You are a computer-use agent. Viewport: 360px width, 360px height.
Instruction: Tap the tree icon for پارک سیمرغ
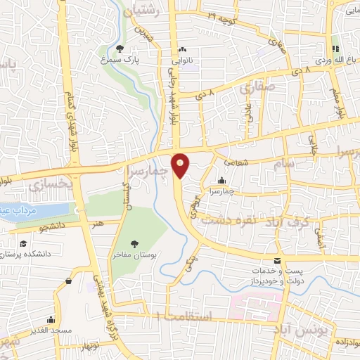(x=121, y=49)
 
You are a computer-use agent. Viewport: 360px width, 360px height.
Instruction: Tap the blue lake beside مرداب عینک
(x=39, y=210)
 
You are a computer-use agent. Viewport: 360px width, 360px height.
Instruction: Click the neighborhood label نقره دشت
(x=228, y=221)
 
